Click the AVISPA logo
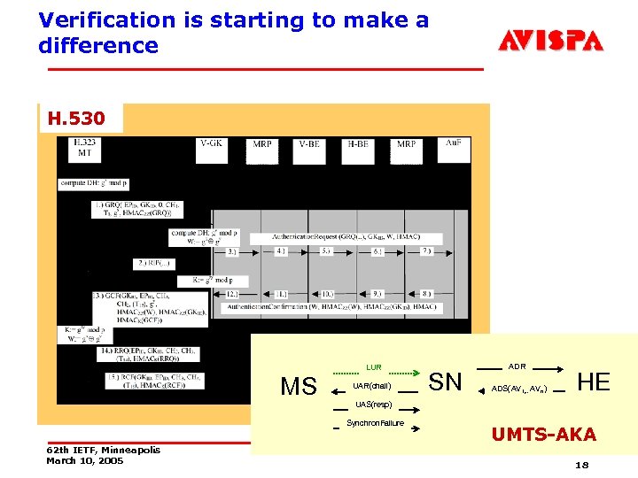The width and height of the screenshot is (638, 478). click(550, 40)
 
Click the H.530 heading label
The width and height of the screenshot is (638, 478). click(76, 118)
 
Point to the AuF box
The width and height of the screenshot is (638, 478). click(453, 146)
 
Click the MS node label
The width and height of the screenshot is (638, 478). click(299, 387)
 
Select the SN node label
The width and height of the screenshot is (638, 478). click(445, 382)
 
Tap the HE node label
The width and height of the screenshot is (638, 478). click(593, 382)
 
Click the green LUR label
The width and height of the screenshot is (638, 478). click(374, 367)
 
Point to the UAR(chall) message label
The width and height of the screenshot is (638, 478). click(371, 387)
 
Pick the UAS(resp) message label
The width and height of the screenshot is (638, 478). click(372, 405)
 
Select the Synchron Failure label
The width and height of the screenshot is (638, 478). click(375, 423)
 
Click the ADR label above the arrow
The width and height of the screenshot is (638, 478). click(517, 366)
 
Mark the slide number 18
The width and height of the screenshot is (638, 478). click(581, 465)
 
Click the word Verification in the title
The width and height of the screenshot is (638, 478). click(97, 20)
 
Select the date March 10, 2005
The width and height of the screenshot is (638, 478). click(85, 461)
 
